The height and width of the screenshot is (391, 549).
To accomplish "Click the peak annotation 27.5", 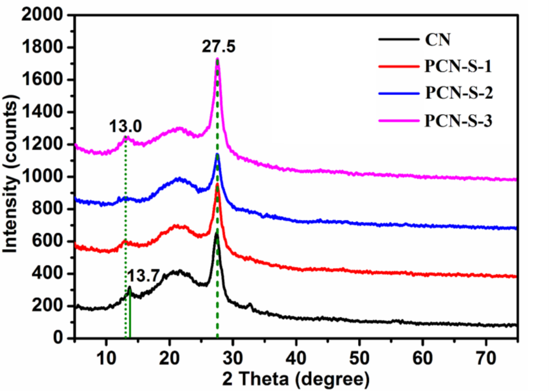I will pyautogui.click(x=217, y=46).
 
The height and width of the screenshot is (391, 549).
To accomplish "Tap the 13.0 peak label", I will pyautogui.click(x=125, y=125).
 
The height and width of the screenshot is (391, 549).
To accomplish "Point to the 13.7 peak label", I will pyautogui.click(x=143, y=276).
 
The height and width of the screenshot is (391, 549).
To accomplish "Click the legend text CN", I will pyautogui.click(x=437, y=41).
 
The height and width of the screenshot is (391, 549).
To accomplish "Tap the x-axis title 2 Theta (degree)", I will pyautogui.click(x=295, y=379).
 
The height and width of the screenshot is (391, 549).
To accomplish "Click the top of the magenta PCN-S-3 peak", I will pyautogui.click(x=218, y=60).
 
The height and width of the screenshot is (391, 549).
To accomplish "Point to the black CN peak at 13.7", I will pyautogui.click(x=129, y=289).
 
